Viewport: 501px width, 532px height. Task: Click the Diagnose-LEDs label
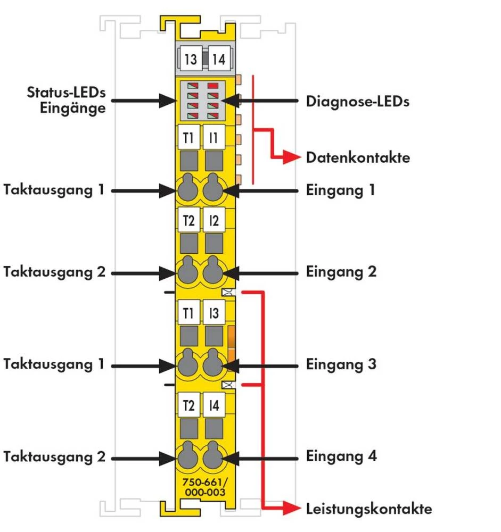pos(357,101)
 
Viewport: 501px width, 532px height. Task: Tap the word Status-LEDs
pos(67,93)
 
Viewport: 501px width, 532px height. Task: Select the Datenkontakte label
pos(358,157)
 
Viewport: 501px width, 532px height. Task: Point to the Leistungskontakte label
pos(368,509)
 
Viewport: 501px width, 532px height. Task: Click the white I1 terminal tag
pos(213,138)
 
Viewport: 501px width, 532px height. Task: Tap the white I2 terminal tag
pos(213,221)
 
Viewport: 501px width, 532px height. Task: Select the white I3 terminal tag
pos(213,313)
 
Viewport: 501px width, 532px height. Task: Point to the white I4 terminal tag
pos(213,406)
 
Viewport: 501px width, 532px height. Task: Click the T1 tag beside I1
pos(188,138)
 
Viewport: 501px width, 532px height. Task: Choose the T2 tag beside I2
pos(188,221)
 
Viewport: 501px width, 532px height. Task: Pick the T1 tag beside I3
pos(188,313)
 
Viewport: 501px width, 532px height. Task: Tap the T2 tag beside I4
pos(188,406)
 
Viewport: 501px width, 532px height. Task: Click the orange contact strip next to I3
pos(231,343)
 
